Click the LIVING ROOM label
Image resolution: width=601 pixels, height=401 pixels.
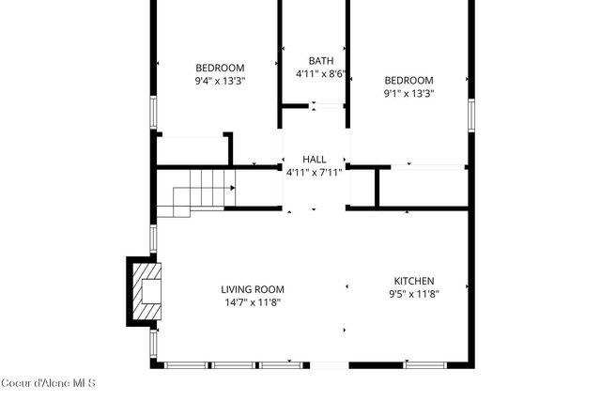[253, 289]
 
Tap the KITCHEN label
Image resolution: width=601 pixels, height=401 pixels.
[413, 281]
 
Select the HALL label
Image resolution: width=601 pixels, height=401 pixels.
[315, 160]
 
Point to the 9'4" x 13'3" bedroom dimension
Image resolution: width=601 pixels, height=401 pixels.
[220, 81]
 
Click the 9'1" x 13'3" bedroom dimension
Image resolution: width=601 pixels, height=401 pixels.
[408, 93]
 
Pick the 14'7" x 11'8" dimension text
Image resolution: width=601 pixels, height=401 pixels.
[253, 302]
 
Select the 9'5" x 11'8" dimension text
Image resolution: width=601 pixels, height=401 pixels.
[413, 294]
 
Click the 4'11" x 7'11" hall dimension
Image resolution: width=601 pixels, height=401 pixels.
[315, 173]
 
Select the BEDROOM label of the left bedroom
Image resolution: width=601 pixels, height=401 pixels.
[220, 68]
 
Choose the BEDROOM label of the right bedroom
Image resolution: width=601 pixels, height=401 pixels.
[408, 80]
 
